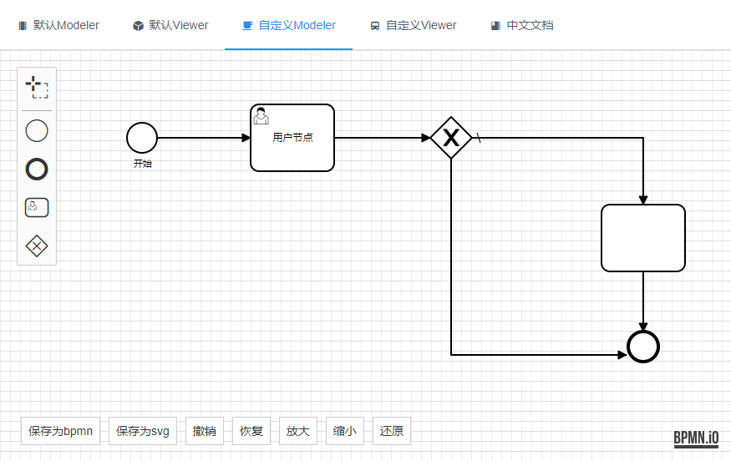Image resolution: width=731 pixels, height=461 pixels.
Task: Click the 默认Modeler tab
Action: pyautogui.click(x=58, y=25)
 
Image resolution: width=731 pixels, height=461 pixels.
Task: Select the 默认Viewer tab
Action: pyautogui.click(x=170, y=25)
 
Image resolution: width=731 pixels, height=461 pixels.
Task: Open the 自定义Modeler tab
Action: pyautogui.click(x=288, y=25)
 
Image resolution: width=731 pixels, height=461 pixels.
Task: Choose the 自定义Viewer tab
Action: pyautogui.click(x=413, y=25)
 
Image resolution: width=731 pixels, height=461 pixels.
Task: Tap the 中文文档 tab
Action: pyautogui.click(x=522, y=25)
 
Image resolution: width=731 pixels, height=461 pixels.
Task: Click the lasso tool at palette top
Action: pyautogui.click(x=37, y=87)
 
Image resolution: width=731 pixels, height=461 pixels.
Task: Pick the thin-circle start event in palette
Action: pyautogui.click(x=37, y=131)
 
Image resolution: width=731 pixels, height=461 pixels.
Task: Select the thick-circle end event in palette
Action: pyautogui.click(x=37, y=170)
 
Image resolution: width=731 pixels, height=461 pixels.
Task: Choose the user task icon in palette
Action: pyautogui.click(x=37, y=207)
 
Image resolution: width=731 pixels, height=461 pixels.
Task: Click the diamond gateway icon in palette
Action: pyautogui.click(x=37, y=246)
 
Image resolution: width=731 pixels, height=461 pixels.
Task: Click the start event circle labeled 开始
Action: pyautogui.click(x=142, y=138)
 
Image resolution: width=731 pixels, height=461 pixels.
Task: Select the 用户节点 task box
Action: pyautogui.click(x=292, y=138)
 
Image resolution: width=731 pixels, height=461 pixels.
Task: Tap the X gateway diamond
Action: pyautogui.click(x=451, y=138)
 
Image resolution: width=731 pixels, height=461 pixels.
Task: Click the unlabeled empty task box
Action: pyautogui.click(x=643, y=238)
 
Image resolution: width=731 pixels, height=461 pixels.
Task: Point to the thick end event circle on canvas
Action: pyautogui.click(x=643, y=347)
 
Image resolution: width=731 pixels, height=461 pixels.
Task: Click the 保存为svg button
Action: pyautogui.click(x=143, y=431)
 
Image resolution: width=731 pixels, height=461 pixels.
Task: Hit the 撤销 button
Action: pyautogui.click(x=205, y=431)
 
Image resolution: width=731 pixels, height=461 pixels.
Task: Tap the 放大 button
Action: pyautogui.click(x=298, y=431)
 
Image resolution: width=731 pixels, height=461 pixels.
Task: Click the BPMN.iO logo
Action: pyautogui.click(x=696, y=438)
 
